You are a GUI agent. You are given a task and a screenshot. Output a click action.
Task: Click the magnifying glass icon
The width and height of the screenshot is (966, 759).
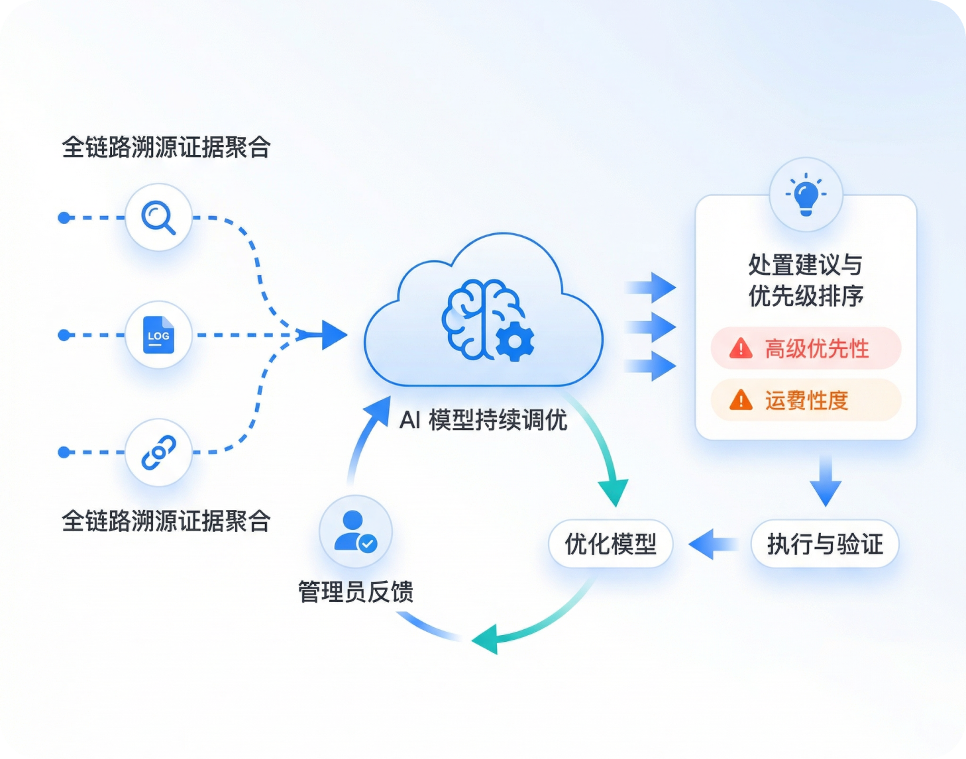pos(158,217)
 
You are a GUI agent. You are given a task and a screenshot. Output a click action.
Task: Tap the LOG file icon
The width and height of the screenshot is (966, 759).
pos(158,334)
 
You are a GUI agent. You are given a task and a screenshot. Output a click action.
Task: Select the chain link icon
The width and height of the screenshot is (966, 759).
pos(158,452)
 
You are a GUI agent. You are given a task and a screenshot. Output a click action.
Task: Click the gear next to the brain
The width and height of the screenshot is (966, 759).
pos(514,342)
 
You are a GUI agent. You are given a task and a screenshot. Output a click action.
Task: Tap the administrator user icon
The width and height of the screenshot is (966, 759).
pos(355,532)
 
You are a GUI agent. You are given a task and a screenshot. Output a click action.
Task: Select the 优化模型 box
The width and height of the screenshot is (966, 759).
pos(610,544)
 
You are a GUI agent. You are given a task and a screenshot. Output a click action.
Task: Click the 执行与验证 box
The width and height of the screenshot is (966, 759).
pos(825,544)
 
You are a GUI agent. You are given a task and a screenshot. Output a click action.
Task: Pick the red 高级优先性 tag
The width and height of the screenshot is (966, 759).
pos(806,348)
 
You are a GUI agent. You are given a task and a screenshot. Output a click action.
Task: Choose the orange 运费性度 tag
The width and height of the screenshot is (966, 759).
pos(806,400)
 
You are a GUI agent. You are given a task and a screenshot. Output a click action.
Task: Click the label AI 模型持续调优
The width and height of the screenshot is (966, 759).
pos(483,419)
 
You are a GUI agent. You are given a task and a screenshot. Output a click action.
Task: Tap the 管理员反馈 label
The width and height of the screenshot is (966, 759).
pos(355,591)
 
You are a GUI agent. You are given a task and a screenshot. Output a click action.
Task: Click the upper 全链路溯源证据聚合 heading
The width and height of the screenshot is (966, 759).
pos(166,147)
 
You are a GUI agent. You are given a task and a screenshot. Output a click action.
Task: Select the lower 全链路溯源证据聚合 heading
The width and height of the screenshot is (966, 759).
pos(166,521)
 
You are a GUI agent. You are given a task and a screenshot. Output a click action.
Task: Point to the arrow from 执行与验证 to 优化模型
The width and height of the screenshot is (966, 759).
pos(712,544)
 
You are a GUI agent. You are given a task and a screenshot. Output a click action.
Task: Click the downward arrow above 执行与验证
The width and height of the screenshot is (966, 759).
pos(825,481)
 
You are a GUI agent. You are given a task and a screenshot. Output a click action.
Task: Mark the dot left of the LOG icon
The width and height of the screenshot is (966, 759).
pos(64,335)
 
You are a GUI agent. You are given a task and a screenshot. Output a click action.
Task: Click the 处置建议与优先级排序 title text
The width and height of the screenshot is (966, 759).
pos(806,280)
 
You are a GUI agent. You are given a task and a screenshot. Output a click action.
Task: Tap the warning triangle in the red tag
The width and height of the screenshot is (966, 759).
pos(741,348)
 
